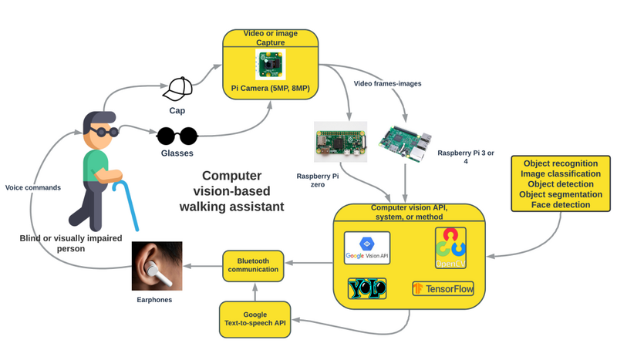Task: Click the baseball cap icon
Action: tap(179, 89)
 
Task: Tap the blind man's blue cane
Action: tap(127, 204)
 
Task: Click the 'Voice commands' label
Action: tap(32, 187)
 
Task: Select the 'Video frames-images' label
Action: tap(386, 82)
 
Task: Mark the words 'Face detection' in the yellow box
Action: tap(561, 206)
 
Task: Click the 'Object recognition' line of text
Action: tap(561, 163)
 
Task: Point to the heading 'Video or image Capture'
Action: tap(270, 38)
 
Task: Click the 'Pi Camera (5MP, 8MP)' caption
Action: tap(270, 89)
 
